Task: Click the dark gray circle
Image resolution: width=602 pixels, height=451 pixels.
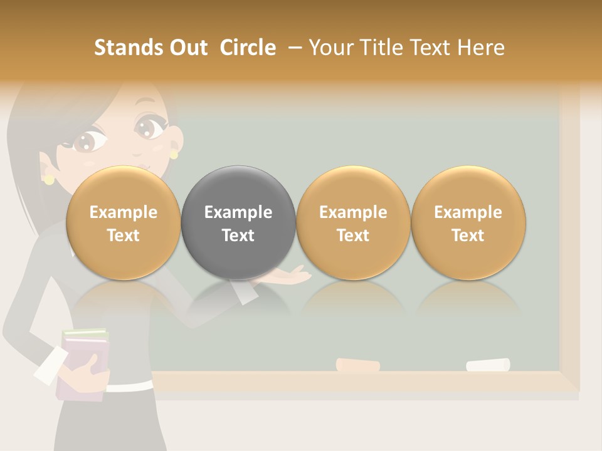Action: pyautogui.click(x=238, y=223)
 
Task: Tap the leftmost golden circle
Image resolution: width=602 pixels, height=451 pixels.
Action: pyautogui.click(x=123, y=223)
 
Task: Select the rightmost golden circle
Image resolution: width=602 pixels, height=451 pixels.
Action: pyautogui.click(x=468, y=223)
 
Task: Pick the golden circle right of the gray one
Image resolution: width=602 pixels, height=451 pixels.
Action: pyautogui.click(x=353, y=223)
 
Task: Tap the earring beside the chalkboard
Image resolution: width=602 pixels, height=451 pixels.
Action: pyautogui.click(x=174, y=154)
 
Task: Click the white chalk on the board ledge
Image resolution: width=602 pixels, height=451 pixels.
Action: pyautogui.click(x=488, y=365)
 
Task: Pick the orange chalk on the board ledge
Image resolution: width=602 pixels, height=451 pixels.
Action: pyautogui.click(x=358, y=365)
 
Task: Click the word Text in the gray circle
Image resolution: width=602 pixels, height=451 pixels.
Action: pyautogui.click(x=238, y=236)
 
